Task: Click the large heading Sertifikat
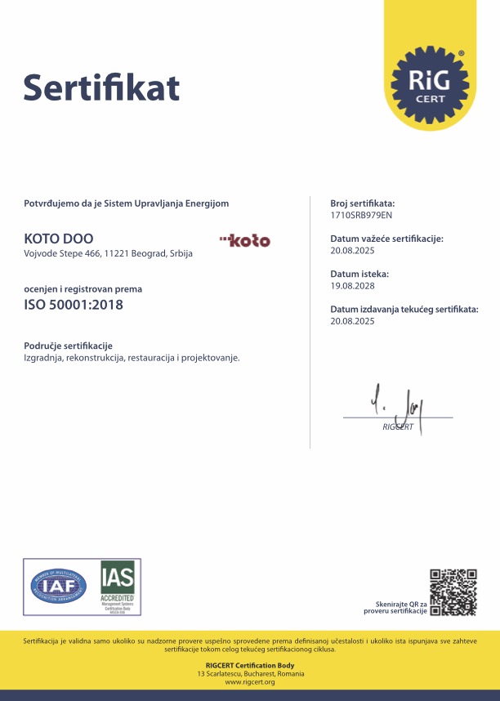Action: click(x=101, y=87)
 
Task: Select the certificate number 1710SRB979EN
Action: click(x=361, y=215)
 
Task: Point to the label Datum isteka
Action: click(x=359, y=275)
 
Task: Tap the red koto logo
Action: click(x=245, y=240)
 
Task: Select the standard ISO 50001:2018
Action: click(x=74, y=306)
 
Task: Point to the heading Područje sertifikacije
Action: click(x=68, y=346)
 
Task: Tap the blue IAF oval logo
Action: click(x=58, y=585)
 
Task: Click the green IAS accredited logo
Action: click(x=118, y=585)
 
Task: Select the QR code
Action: click(x=453, y=592)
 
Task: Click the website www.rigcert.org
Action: click(x=250, y=681)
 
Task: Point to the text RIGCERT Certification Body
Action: click(x=250, y=666)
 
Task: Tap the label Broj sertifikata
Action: click(x=363, y=203)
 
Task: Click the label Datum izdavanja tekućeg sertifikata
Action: click(x=404, y=310)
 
